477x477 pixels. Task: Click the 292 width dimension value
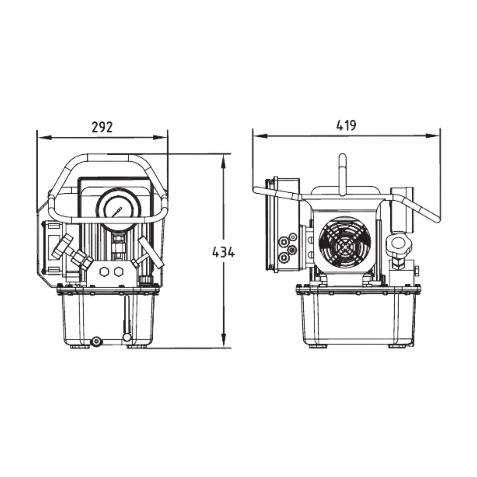pos(102,127)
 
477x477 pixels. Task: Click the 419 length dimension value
pos(346,125)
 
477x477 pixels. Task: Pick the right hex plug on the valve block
pos(118,271)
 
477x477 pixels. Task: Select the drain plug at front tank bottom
pos(96,341)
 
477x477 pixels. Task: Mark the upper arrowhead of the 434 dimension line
pos(224,159)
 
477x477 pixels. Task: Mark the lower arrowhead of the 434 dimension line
pos(224,343)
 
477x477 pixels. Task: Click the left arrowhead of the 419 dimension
pos(258,136)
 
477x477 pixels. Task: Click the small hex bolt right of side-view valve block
pos(417,272)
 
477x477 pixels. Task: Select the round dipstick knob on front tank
pos(126,337)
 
